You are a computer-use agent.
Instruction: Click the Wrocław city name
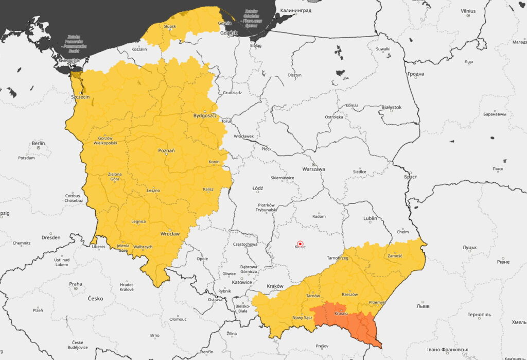pos(170,233)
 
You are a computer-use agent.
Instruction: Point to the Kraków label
pos(275,286)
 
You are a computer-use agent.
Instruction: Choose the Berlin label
pos(38,143)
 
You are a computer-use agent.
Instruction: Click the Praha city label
pos(76,284)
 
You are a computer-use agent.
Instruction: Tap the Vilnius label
pos(468,11)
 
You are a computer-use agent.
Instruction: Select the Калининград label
pos(296,10)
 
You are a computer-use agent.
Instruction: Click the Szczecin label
pos(80,96)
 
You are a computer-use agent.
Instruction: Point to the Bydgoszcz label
pos(203,115)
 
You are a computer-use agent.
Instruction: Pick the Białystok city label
pos(391,107)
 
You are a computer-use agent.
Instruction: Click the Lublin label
pos(370,218)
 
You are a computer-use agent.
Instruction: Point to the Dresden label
pos(51,237)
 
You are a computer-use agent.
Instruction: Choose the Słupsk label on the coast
pos(169,26)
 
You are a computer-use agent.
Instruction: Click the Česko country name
pos(95,298)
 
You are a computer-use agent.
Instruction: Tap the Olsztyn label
pos(294,75)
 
